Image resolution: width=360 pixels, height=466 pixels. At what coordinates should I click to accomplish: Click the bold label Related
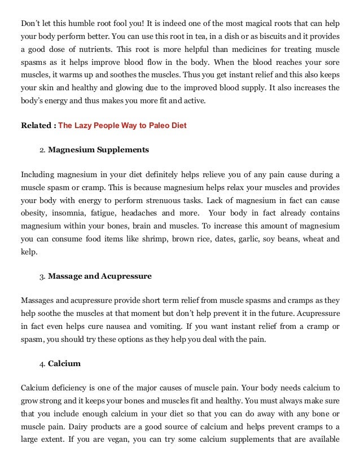click(x=37, y=125)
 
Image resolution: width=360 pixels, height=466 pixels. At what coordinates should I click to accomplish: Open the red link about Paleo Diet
click(x=122, y=125)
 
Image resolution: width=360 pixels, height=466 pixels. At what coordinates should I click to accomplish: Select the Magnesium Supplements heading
click(x=98, y=150)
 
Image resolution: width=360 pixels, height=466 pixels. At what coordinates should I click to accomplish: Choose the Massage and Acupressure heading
click(x=100, y=276)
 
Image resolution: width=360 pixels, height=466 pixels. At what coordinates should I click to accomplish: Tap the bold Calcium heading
click(x=64, y=364)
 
